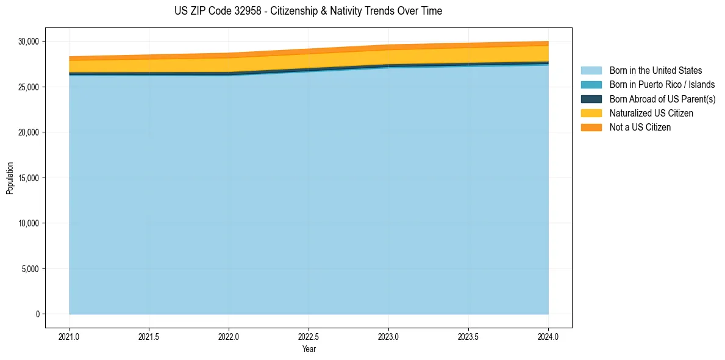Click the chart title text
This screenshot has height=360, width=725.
pyautogui.click(x=308, y=11)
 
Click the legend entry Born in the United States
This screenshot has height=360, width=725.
pyautogui.click(x=655, y=71)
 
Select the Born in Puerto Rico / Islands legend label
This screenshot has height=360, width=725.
pyautogui.click(x=662, y=85)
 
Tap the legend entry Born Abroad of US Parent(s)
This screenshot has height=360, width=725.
pyautogui.click(x=662, y=99)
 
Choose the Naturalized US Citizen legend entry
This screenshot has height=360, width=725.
pyautogui.click(x=651, y=113)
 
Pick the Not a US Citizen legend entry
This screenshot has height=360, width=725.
pyautogui.click(x=640, y=128)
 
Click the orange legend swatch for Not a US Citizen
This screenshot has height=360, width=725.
pyautogui.click(x=591, y=128)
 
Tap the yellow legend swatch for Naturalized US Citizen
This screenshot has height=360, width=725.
pyautogui.click(x=591, y=113)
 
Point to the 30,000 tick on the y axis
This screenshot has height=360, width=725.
pyautogui.click(x=29, y=42)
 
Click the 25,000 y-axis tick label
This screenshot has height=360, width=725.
pyautogui.click(x=29, y=87)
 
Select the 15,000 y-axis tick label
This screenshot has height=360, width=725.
pyautogui.click(x=29, y=178)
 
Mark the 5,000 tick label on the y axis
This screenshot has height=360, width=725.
pyautogui.click(x=30, y=269)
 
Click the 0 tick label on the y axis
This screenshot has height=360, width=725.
pyautogui.click(x=37, y=314)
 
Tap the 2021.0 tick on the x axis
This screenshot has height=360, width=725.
pyautogui.click(x=69, y=336)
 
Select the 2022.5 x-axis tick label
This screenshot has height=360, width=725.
pyautogui.click(x=309, y=336)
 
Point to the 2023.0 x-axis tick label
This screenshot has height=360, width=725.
pyautogui.click(x=388, y=336)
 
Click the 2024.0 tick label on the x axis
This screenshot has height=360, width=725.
pyautogui.click(x=548, y=336)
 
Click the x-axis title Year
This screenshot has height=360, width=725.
pyautogui.click(x=309, y=349)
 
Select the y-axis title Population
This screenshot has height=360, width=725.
pyautogui.click(x=10, y=178)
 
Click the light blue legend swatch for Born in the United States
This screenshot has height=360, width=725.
pyautogui.click(x=591, y=71)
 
